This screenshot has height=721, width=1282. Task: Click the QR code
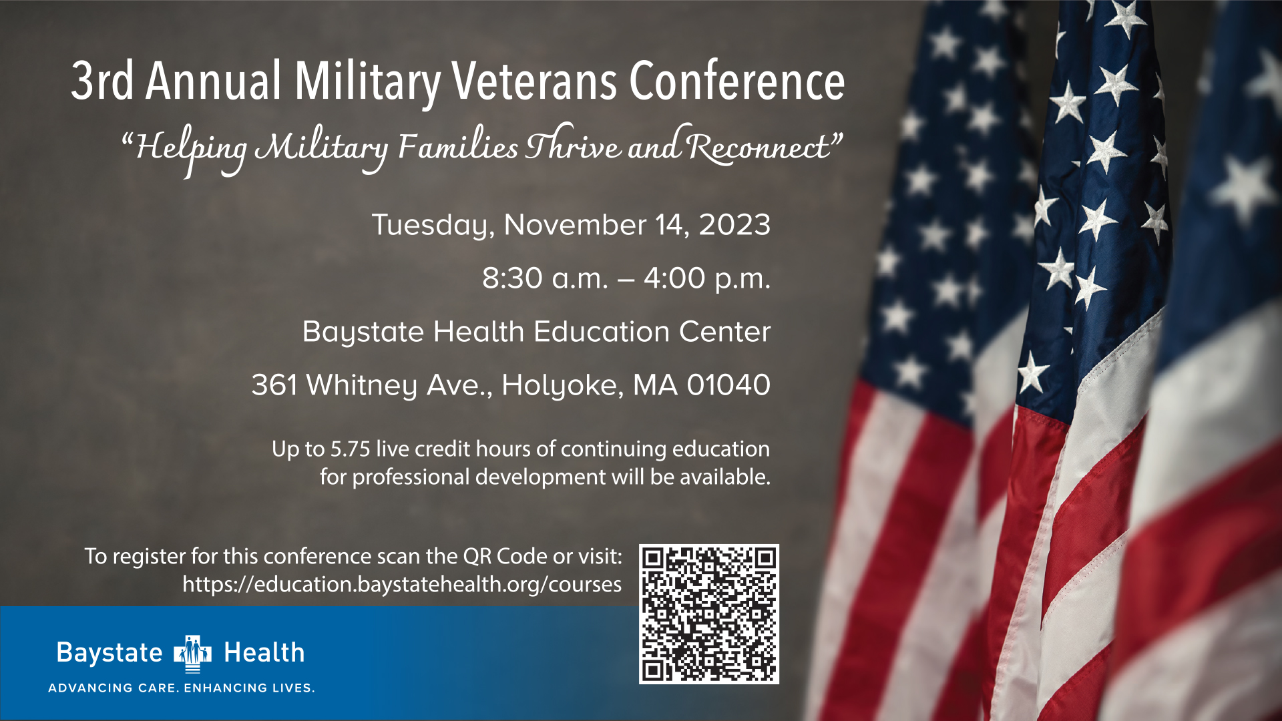pyautogui.click(x=709, y=614)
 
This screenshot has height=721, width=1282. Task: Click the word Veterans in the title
pyautogui.click(x=534, y=81)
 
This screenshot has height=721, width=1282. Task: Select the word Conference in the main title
pyautogui.click(x=737, y=81)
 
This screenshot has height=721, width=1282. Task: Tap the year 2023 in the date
pyautogui.click(x=734, y=225)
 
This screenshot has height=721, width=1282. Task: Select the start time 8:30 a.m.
pyautogui.click(x=546, y=278)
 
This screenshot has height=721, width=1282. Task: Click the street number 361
pyautogui.click(x=274, y=385)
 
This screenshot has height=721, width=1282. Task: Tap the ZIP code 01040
pyautogui.click(x=728, y=385)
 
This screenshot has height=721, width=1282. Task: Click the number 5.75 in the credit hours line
pyautogui.click(x=350, y=449)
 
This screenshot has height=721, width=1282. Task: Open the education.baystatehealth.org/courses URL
pyautogui.click(x=402, y=585)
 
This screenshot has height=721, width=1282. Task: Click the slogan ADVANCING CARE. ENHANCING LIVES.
pyautogui.click(x=181, y=688)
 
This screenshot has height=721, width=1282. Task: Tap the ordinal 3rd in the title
pyautogui.click(x=102, y=81)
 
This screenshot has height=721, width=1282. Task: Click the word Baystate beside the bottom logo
pyautogui.click(x=110, y=653)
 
